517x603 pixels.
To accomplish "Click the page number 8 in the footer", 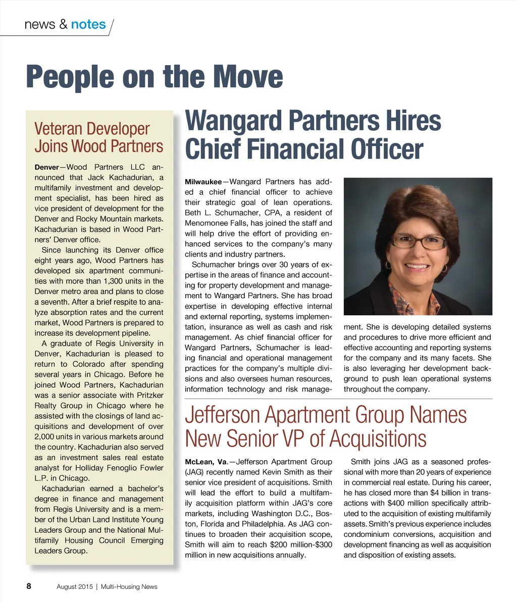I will coord(29,586).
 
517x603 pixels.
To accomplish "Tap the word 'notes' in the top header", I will coord(88,24).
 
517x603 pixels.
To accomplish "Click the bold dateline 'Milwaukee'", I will coord(203,182).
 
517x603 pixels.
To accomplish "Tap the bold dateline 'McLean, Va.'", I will coord(205,462).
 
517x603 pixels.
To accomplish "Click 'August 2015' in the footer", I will coord(74,586).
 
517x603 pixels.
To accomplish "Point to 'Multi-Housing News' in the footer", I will coord(129,586).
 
